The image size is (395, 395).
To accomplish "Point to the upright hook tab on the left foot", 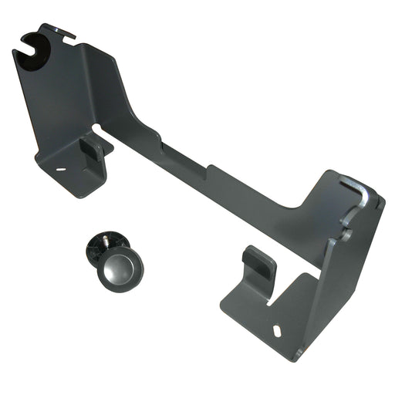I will click(x=92, y=148).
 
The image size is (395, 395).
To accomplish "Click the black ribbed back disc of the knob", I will click(x=99, y=251).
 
